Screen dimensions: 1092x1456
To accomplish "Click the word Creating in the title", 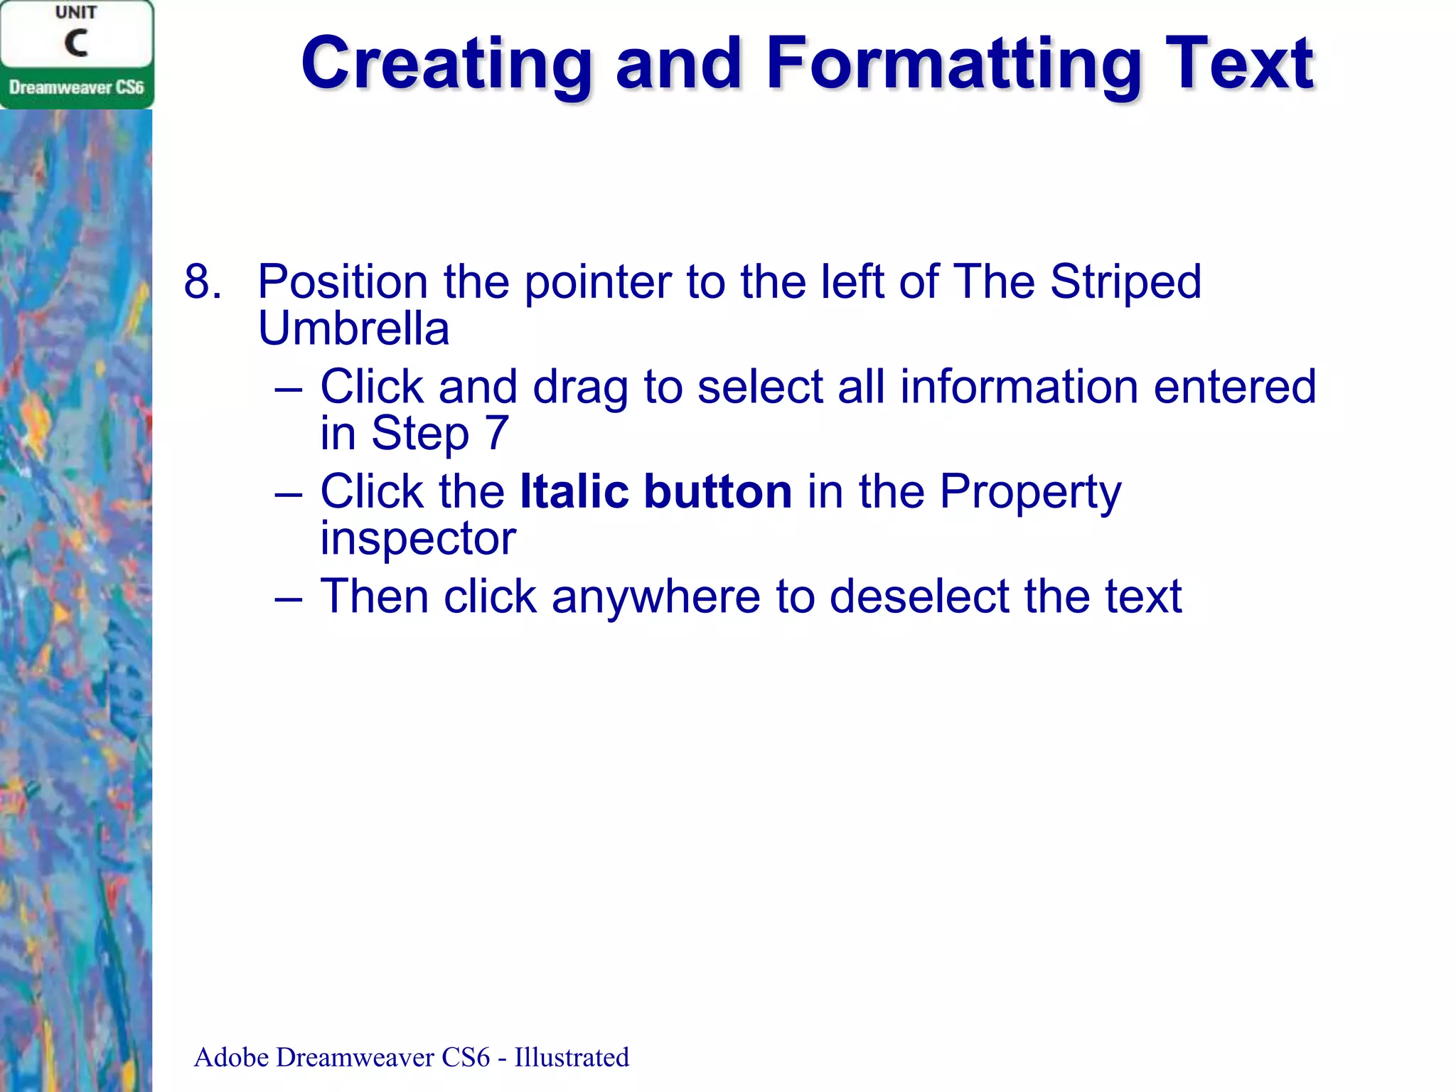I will click(x=446, y=64).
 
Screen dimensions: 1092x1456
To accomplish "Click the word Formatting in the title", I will click(x=953, y=64).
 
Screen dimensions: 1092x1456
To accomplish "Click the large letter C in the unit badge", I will click(x=76, y=43).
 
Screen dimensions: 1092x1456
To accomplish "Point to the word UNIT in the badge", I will click(x=76, y=13).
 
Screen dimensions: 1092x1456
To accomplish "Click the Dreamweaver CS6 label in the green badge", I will click(x=76, y=87).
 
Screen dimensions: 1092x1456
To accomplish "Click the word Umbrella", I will click(x=353, y=328).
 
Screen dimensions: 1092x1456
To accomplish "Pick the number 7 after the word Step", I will click(x=497, y=433).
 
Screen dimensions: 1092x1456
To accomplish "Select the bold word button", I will click(x=717, y=491).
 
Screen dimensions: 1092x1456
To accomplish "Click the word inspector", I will click(x=417, y=539).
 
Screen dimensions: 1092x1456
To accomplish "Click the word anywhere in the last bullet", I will click(x=655, y=597).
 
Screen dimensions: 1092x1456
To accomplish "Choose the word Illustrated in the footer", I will click(x=572, y=1057).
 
